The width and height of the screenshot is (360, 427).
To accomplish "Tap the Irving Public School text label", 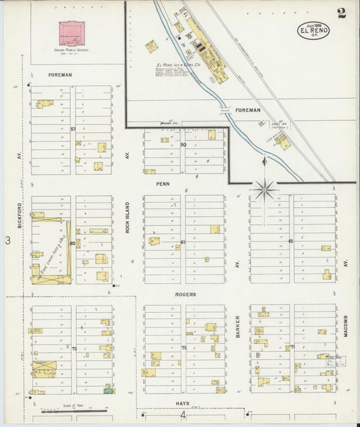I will tap(71, 49).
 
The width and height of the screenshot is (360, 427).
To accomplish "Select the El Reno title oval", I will tap(313, 30).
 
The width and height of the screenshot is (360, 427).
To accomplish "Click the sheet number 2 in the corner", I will tap(342, 14).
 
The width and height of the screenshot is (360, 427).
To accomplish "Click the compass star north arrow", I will tap(263, 189).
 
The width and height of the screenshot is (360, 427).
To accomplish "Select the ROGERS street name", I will tap(185, 294).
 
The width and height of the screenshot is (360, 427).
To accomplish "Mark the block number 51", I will tap(73, 128).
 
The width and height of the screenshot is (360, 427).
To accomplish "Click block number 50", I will tap(183, 144).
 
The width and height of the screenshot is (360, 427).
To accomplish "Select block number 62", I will tap(291, 241).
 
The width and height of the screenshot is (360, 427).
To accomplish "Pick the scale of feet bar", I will tap(72, 410).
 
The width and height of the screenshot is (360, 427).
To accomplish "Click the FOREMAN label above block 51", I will tap(60, 74).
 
